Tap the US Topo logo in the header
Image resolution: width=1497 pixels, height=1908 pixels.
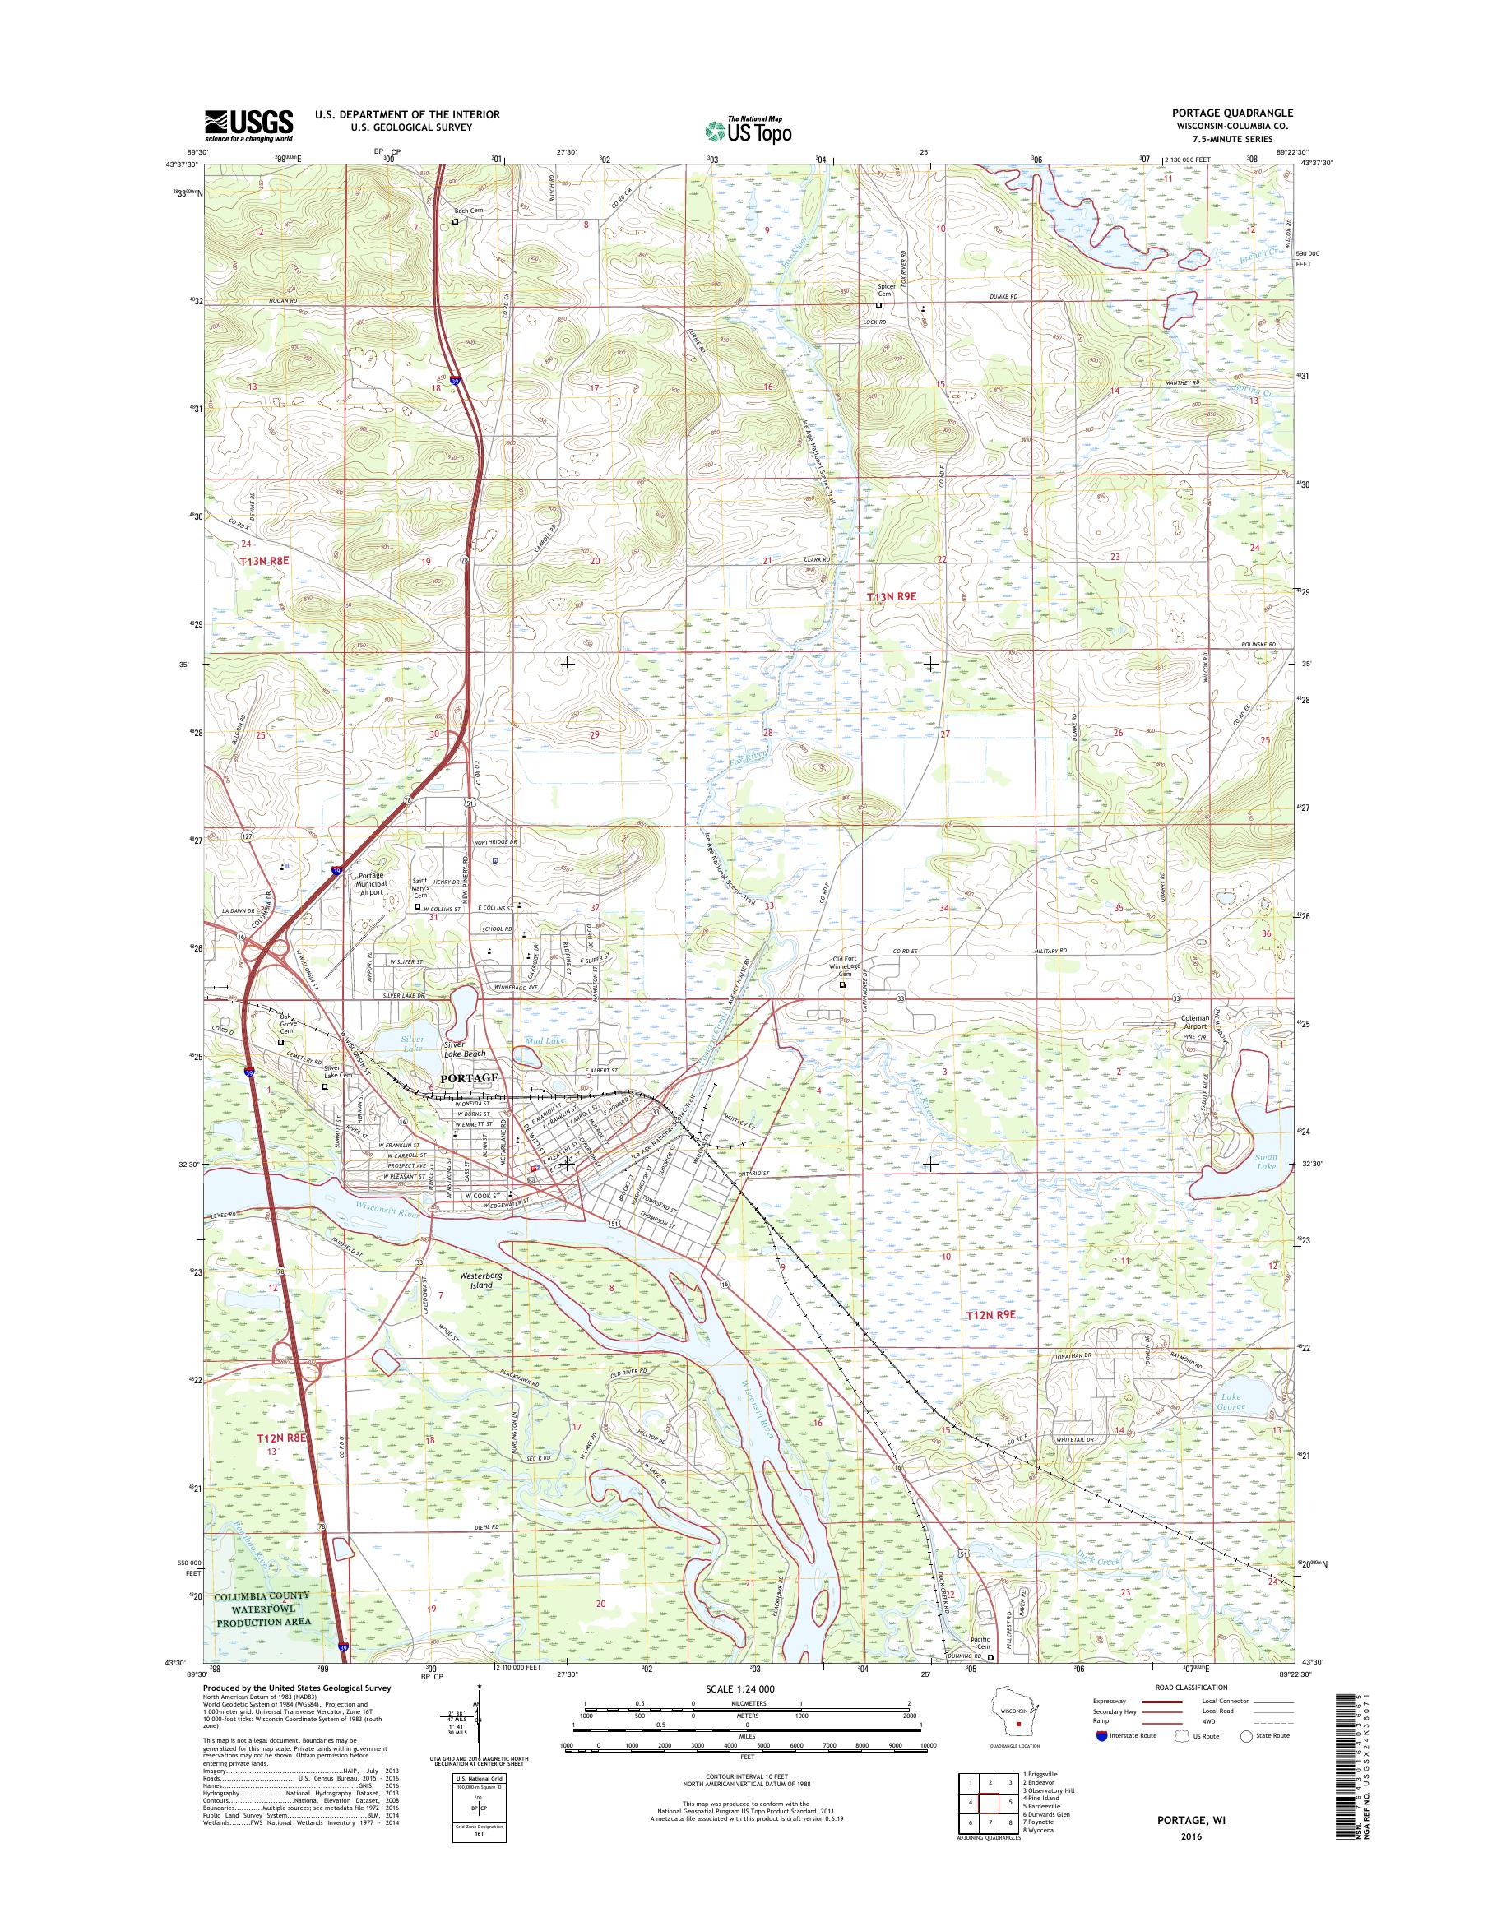(748, 130)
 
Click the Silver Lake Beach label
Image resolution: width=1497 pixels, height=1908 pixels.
(465, 1049)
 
